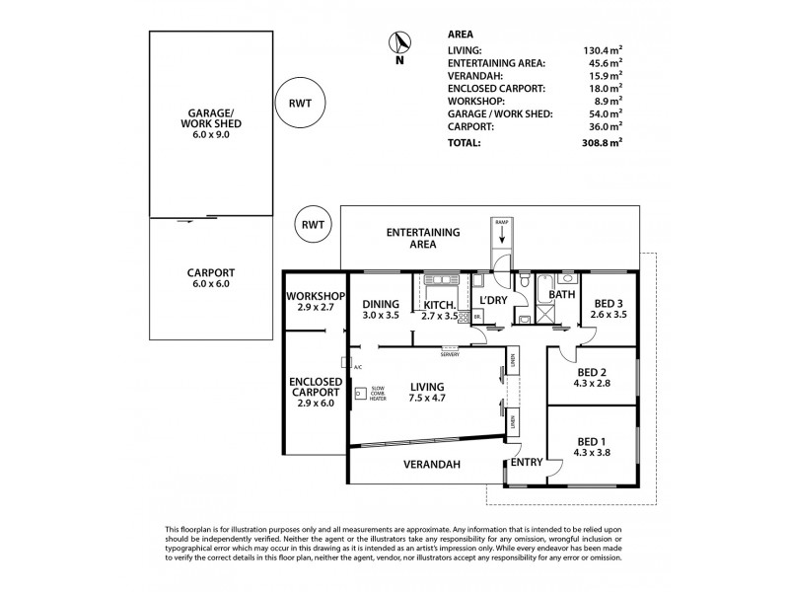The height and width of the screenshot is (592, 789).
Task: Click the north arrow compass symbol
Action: (x=399, y=44)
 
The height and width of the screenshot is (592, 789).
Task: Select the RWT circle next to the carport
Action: (x=314, y=225)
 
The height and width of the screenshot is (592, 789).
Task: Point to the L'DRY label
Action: (x=492, y=300)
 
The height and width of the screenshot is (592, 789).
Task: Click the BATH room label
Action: (x=562, y=294)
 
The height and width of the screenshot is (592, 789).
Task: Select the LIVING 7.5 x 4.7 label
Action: (x=429, y=392)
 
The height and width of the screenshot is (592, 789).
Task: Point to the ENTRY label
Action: (x=526, y=462)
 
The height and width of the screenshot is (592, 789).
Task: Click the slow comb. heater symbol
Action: (x=361, y=392)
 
